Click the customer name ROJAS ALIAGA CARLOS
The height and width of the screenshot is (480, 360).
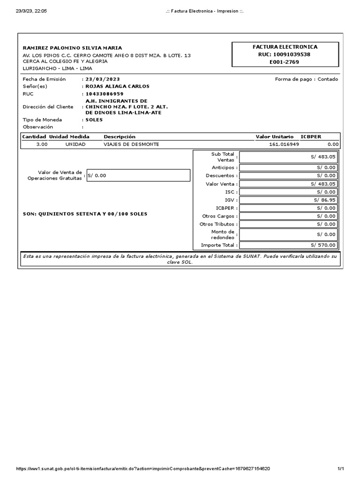tap(117, 86)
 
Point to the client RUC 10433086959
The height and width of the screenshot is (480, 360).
tap(104, 93)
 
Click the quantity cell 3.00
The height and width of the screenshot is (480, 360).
tap(42, 144)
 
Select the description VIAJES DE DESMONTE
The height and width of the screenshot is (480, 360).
tap(131, 144)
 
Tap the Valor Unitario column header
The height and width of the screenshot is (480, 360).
tap(274, 136)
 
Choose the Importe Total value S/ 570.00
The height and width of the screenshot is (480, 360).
tap(323, 245)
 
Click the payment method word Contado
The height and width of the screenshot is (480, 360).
tap(328, 79)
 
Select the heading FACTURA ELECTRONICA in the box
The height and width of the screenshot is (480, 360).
tap(285, 47)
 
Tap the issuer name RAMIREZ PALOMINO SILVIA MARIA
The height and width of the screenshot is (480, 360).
tap(72, 48)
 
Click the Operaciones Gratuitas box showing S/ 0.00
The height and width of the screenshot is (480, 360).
tap(138, 175)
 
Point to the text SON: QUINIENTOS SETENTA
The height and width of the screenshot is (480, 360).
tap(85, 214)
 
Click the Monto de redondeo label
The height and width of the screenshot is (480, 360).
tap(223, 234)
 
